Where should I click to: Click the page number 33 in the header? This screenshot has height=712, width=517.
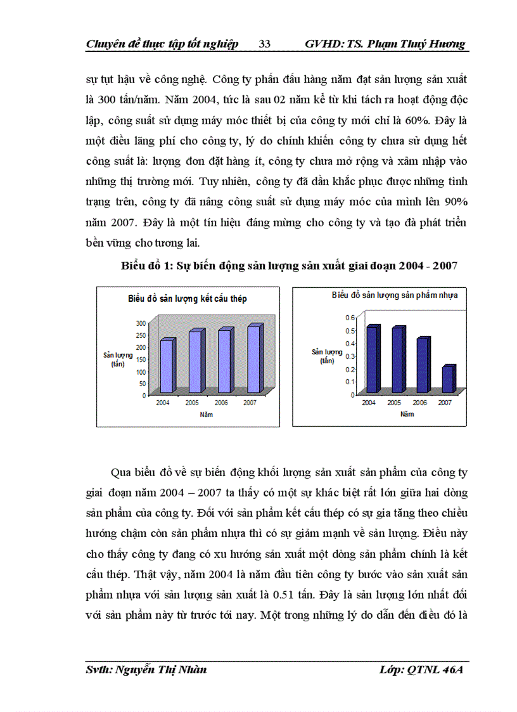tap(265, 44)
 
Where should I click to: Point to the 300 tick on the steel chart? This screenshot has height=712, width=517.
tap(141, 323)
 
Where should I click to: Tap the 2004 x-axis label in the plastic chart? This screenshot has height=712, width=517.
tap(369, 403)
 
